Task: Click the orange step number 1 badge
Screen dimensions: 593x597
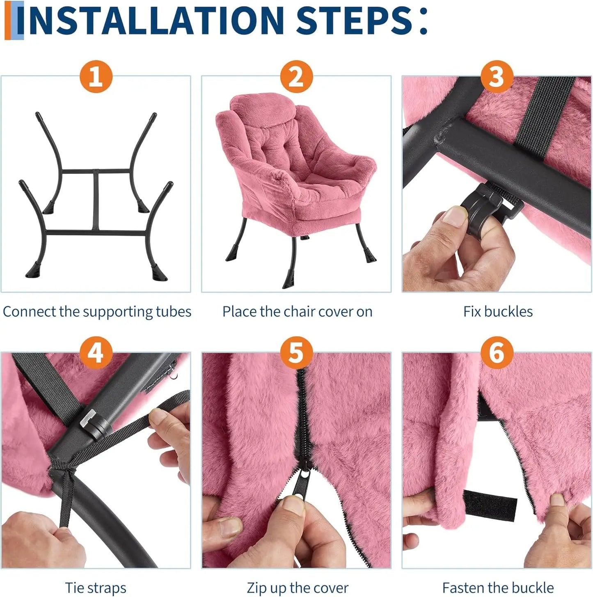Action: (96, 77)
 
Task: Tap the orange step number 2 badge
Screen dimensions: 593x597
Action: (296, 77)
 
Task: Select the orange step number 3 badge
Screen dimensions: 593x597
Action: (497, 77)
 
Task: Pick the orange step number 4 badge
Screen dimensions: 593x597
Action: (96, 353)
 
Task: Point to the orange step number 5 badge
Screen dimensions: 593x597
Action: (296, 353)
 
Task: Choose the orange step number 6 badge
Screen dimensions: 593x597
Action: (497, 353)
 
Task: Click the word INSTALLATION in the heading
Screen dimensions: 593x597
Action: (151, 21)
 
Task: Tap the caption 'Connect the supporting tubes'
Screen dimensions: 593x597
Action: (97, 312)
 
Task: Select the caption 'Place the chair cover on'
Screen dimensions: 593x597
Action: (298, 312)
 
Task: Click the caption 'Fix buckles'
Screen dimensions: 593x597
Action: (498, 312)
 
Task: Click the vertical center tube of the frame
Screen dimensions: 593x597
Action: (96, 200)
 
